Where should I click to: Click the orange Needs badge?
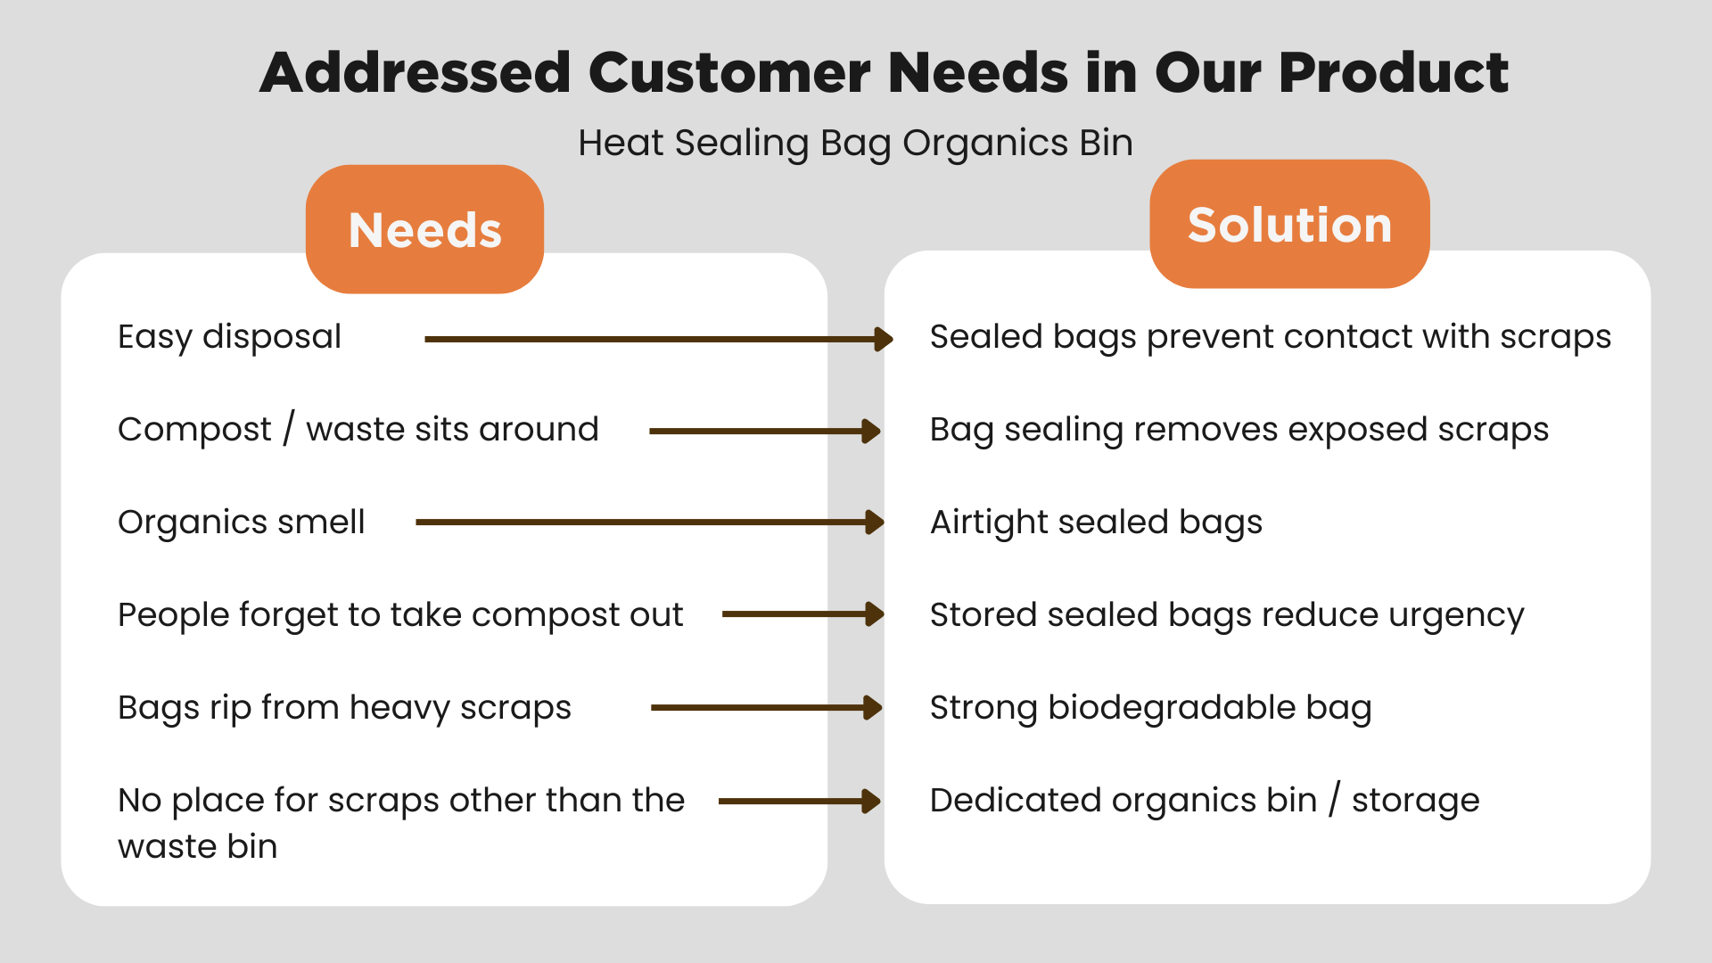[x=424, y=229]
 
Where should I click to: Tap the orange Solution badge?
[x=1289, y=224]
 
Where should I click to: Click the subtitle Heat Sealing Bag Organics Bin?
[x=855, y=143]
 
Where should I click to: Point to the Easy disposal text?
[x=229, y=337]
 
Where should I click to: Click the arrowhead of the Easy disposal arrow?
[x=884, y=339]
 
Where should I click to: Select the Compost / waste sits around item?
[x=358, y=430]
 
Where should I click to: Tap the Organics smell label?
[x=241, y=523]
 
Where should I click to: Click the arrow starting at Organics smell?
[x=649, y=523]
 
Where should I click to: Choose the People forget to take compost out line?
[x=400, y=615]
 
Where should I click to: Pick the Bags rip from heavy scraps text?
[x=344, y=708]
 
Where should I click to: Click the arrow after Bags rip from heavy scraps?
[x=766, y=708]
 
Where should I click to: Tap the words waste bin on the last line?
[x=198, y=846]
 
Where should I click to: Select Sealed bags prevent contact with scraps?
[x=1270, y=337]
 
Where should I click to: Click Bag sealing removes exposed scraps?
[x=1239, y=430]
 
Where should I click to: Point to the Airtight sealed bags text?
[x=1096, y=523]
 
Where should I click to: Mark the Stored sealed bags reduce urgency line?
[x=1227, y=615]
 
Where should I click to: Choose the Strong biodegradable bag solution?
[x=1150, y=708]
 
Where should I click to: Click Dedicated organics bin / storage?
[x=1204, y=801]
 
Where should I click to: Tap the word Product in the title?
[x=1393, y=72]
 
